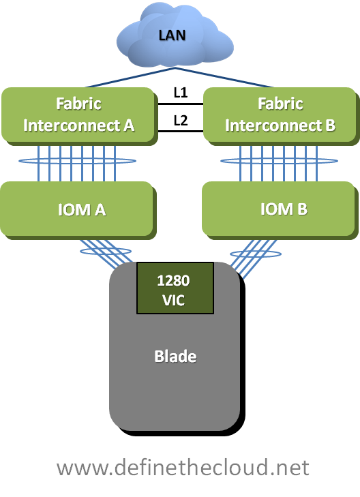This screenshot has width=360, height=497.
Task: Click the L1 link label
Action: [x=181, y=93]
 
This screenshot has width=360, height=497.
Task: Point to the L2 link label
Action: [x=181, y=121]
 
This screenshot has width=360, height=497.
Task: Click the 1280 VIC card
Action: [x=175, y=288]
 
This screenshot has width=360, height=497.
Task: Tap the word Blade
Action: [x=175, y=357]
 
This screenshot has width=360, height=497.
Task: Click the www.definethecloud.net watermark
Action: [x=183, y=468]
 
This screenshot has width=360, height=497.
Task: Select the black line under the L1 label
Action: [x=181, y=104]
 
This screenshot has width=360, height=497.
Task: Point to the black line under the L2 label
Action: [x=181, y=131]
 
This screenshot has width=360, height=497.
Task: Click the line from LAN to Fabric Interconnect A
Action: [x=130, y=77]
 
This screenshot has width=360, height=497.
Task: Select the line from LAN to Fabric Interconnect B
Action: [x=224, y=77]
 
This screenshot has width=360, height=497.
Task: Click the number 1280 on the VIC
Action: [x=173, y=280]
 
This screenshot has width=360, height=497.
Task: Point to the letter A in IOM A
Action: [x=100, y=210]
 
